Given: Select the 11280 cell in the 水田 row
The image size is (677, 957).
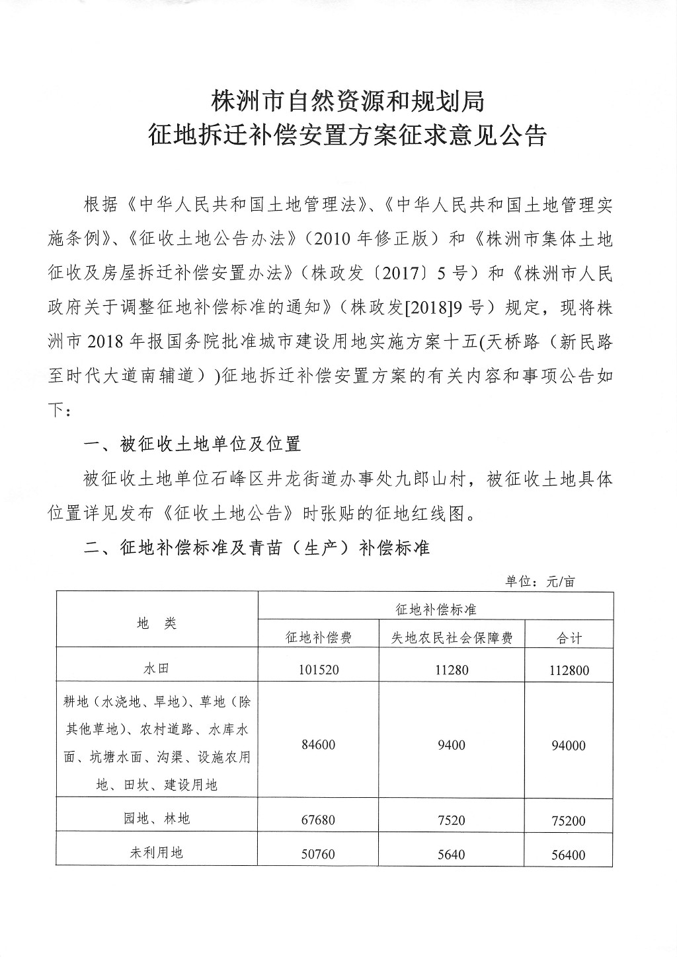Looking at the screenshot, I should (x=452, y=670).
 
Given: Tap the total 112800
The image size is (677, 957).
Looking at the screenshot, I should (x=568, y=670).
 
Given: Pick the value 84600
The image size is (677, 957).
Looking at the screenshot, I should (x=318, y=745).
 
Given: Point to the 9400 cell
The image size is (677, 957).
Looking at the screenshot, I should (x=452, y=745).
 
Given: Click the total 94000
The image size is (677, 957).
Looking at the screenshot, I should (x=568, y=746).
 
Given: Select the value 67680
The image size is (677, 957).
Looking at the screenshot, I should (x=318, y=820).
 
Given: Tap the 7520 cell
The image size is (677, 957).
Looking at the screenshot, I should (x=452, y=820).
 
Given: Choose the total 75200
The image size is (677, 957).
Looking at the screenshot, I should (x=568, y=821).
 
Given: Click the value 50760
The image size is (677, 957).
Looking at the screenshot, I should (x=318, y=854).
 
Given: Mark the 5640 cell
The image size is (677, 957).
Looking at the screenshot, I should (x=452, y=854).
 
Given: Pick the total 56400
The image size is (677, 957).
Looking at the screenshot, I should (x=568, y=855).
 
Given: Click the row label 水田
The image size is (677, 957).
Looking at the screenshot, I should (x=157, y=668).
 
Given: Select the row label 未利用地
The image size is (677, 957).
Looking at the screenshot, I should (x=157, y=853).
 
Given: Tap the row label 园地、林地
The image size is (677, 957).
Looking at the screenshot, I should (x=157, y=819).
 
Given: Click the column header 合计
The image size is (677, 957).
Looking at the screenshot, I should (x=568, y=637).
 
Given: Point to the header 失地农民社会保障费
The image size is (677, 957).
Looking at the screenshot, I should (x=452, y=637).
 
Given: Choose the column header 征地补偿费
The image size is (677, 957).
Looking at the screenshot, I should (x=318, y=637).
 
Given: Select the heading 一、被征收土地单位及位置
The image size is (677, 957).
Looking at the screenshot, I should (x=192, y=444).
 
